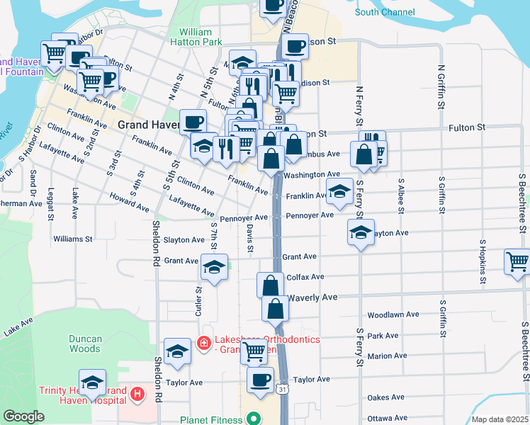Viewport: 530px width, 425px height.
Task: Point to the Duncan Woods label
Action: tap(85, 344)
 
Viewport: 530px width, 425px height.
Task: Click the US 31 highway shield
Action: tap(282, 390)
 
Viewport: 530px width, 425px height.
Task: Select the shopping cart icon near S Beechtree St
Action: tap(518, 261)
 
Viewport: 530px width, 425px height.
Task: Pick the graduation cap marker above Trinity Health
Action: tap(92, 383)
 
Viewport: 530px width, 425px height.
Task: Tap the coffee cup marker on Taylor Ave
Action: tap(260, 380)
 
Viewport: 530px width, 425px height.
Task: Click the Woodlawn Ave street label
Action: tap(393, 314)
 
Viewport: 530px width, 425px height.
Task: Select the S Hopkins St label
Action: tap(482, 261)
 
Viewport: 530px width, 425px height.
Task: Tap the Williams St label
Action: tap(73, 239)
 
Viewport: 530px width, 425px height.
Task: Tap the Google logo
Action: tap(24, 416)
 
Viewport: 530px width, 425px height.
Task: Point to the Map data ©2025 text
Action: tap(499, 419)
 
